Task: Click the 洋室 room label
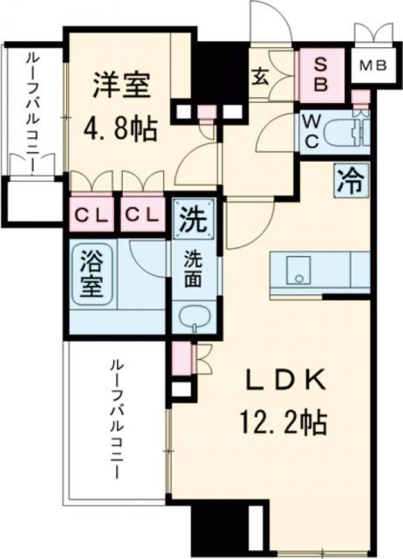pos(122,86)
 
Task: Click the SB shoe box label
pos(321,76)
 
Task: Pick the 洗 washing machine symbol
pos(190,217)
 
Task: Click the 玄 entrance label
pos(260,76)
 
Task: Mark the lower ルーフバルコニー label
pos(114,420)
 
